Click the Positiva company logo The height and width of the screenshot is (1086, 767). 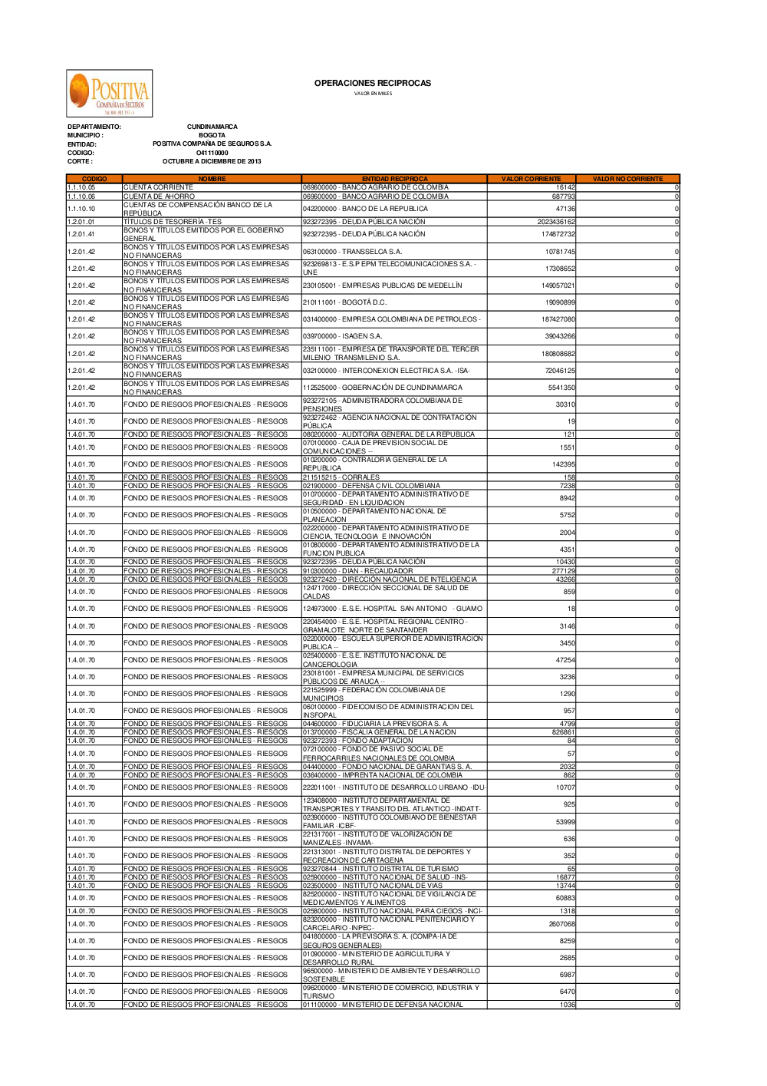click(109, 94)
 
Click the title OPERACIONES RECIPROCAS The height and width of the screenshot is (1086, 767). click(373, 83)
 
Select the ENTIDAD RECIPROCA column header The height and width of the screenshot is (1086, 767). click(394, 179)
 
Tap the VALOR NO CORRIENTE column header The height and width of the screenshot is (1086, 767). click(627, 179)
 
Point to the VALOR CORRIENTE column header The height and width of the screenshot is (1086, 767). click(531, 179)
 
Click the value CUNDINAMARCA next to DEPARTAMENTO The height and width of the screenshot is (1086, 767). click(212, 127)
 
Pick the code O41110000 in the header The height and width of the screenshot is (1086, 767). click(212, 153)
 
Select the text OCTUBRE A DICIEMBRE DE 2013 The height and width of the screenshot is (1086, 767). click(212, 161)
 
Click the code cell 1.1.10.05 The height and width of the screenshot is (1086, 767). click(81, 187)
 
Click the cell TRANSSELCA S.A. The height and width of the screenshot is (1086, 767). click(352, 252)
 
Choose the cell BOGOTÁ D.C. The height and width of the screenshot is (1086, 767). click(344, 302)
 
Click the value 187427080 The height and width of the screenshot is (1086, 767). click(558, 319)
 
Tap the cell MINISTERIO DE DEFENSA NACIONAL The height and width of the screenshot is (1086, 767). click(383, 1005)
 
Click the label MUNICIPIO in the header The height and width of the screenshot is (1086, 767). click(84, 135)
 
